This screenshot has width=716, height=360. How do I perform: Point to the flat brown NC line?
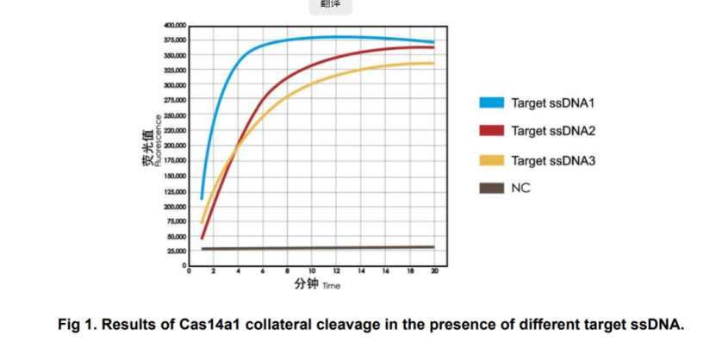click(x=310, y=248)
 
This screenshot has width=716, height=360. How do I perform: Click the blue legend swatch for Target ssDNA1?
click(x=490, y=103)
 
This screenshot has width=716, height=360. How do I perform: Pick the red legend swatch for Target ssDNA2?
click(x=490, y=132)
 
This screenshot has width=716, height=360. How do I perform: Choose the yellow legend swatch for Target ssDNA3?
click(x=490, y=160)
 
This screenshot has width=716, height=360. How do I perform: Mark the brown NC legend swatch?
click(x=490, y=188)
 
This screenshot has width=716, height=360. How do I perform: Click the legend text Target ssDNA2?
click(x=554, y=132)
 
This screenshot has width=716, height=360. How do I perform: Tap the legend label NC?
click(x=520, y=188)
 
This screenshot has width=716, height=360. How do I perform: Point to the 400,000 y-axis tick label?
click(x=175, y=25)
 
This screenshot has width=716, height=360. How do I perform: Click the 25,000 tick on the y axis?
click(x=176, y=251)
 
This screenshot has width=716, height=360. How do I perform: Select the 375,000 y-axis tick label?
click(x=175, y=40)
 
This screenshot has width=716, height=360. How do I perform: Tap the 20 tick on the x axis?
click(x=434, y=272)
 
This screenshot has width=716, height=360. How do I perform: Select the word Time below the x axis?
click(x=332, y=286)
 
